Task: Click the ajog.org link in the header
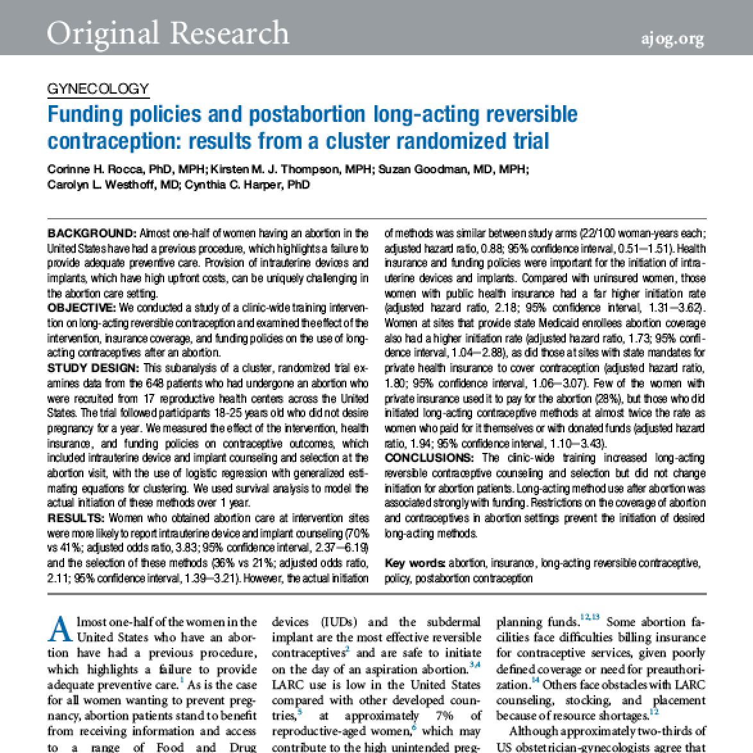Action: [672, 38]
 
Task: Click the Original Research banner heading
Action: [168, 33]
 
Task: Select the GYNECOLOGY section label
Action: [98, 89]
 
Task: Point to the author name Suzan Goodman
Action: [417, 169]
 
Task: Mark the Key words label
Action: [414, 563]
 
